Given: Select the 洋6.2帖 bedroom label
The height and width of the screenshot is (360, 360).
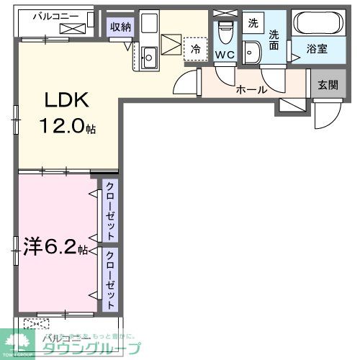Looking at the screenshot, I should pos(50,249).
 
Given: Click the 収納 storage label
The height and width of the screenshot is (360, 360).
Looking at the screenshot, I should pos(121,27).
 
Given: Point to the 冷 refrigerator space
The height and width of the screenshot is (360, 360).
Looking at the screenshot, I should pos(194,49).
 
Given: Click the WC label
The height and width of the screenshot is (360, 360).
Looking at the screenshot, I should pos(224,54).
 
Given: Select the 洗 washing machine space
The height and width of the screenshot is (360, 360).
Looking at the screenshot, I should pos(252,23).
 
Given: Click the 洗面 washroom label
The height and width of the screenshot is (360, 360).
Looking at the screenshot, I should pos(275,38).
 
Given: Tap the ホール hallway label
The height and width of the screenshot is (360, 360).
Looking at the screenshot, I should pos(251,90).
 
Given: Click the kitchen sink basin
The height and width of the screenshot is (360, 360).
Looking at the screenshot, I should pos(150,56).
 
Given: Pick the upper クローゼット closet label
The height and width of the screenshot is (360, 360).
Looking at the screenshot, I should pos(110,210).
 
